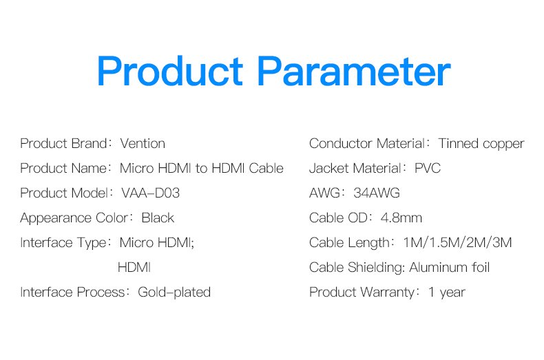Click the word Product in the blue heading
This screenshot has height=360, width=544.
pyautogui.click(x=170, y=71)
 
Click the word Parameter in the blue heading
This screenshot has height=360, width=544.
pyautogui.click(x=354, y=71)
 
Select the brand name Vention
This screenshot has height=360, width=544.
pyautogui.click(x=143, y=144)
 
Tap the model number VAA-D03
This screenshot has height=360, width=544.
pyautogui.click(x=151, y=193)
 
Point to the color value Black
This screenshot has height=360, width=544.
pyautogui.click(x=158, y=218)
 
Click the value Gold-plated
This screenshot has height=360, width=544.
pyautogui.click(x=174, y=293)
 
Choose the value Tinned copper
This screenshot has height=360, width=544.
pyautogui.click(x=481, y=144)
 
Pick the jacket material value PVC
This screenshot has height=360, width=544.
pyautogui.click(x=428, y=169)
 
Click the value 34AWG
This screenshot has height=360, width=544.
pyautogui.click(x=377, y=193)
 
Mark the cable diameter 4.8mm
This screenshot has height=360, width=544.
pyautogui.click(x=401, y=218)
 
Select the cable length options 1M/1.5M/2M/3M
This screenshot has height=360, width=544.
pyautogui.click(x=458, y=243)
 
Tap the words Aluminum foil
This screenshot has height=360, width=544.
pyautogui.click(x=449, y=267)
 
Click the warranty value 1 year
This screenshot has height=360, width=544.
pyautogui.click(x=447, y=293)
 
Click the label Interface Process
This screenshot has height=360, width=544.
pyautogui.click(x=72, y=293)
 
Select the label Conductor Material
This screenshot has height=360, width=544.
pyautogui.click(x=367, y=144)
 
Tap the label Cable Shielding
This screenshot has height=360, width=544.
pyautogui.click(x=356, y=268)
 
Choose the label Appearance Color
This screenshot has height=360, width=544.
pyautogui.click(x=74, y=218)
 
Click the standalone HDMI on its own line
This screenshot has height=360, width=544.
pyautogui.click(x=134, y=268)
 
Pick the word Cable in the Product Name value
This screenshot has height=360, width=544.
pyautogui.click(x=266, y=169)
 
